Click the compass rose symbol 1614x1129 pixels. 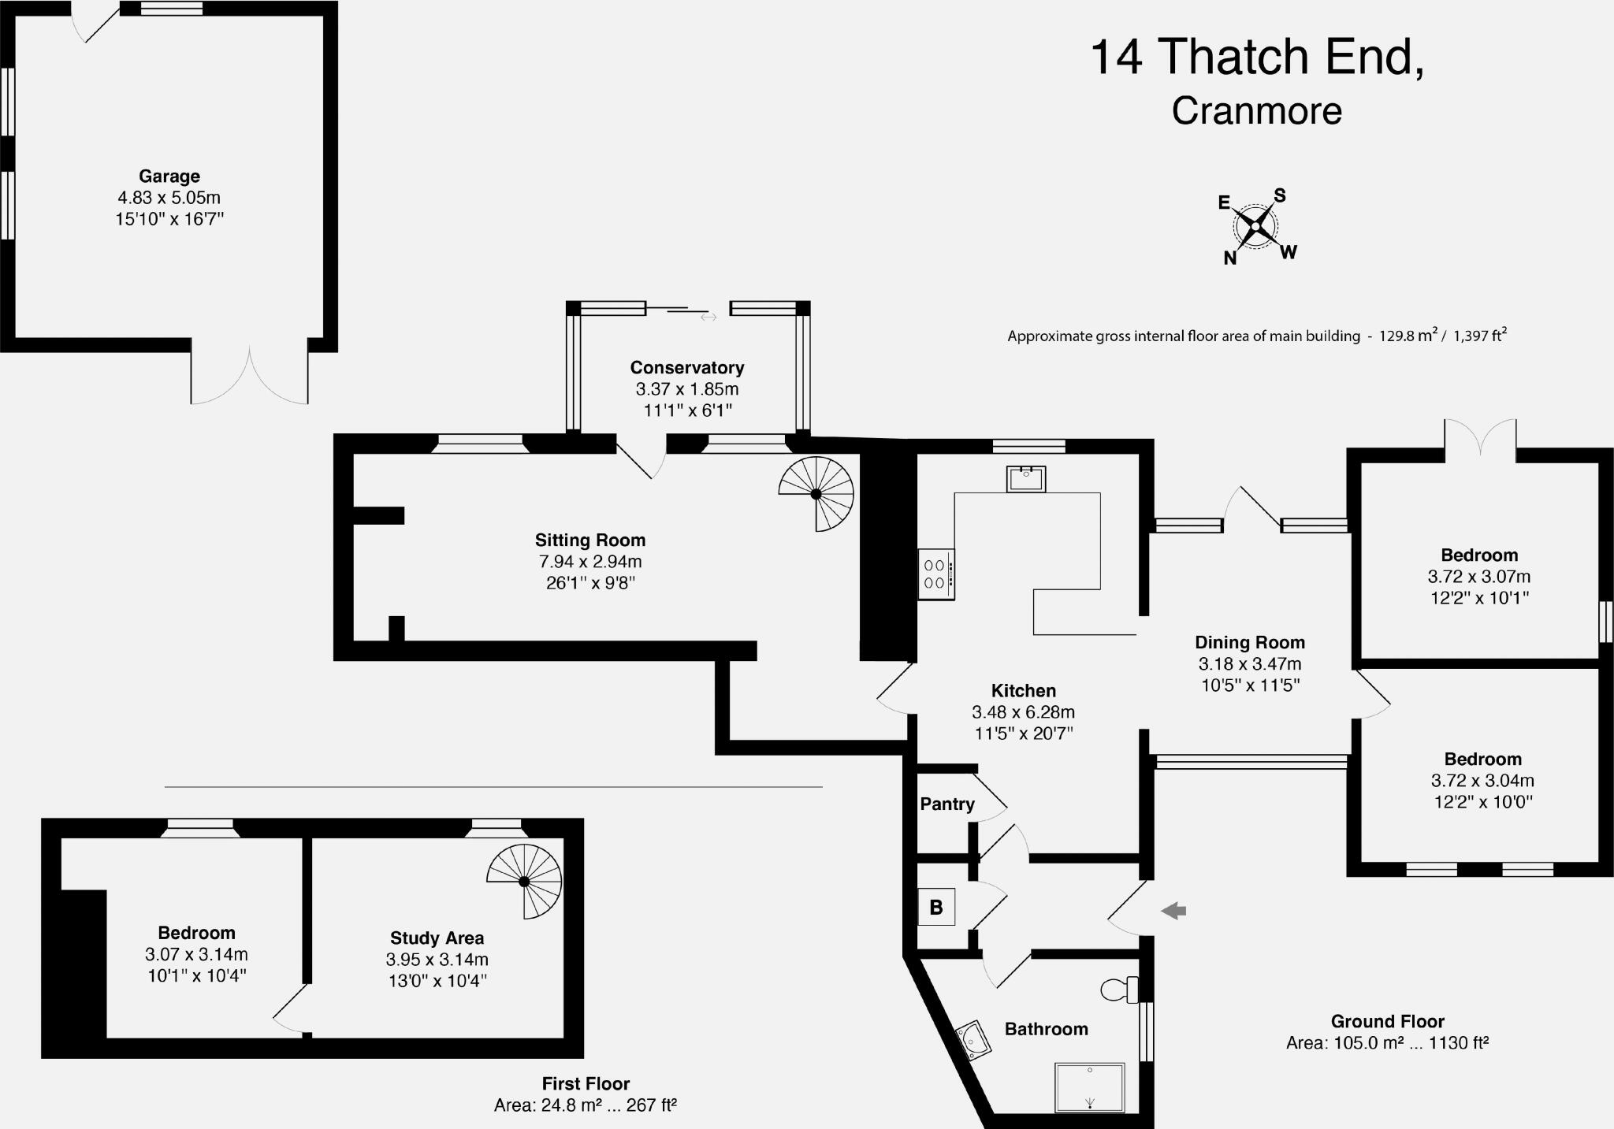point(1255,226)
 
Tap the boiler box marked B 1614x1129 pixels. point(936,907)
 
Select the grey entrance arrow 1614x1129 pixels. point(1173,911)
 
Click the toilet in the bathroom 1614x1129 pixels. point(1119,989)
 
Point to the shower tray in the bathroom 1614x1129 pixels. point(1090,1087)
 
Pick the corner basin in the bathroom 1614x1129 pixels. point(974,1040)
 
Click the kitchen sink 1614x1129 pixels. point(1026,479)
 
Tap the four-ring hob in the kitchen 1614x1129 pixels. point(936,574)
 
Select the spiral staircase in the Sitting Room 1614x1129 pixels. point(816,494)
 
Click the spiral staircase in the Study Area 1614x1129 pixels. point(524,881)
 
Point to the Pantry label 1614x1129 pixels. point(947,804)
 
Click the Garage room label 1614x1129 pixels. point(169,176)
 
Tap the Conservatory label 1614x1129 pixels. point(687,368)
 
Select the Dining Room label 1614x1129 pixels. point(1250,643)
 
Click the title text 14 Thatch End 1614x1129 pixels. point(1258,57)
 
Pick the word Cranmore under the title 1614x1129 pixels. point(1257,110)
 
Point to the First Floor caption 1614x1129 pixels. point(586,1084)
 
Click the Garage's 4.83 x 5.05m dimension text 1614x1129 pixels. point(169,198)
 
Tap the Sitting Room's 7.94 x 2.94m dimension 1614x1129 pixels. point(590,562)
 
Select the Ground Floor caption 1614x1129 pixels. point(1388,1022)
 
